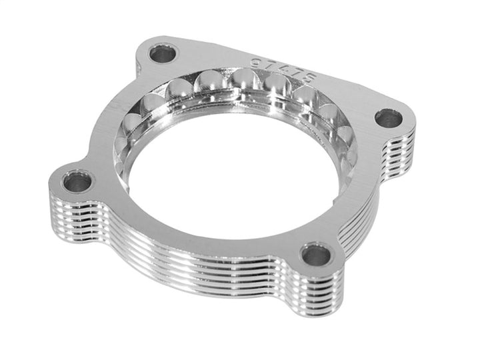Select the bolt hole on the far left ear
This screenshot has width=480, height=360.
click(77, 180)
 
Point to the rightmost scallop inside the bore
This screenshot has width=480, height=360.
click(346, 137)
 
